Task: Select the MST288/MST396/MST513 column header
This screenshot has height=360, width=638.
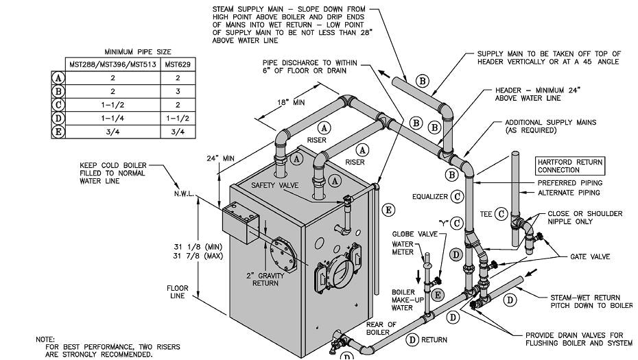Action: click(112, 64)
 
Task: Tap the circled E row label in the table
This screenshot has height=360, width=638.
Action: click(59, 132)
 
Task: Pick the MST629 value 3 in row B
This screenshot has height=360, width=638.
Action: click(178, 91)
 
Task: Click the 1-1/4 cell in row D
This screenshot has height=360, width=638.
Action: click(112, 118)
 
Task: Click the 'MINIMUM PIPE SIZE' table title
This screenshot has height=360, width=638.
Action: click(138, 51)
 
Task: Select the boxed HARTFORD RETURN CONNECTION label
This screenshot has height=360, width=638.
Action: click(570, 166)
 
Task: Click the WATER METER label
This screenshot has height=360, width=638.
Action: click(403, 248)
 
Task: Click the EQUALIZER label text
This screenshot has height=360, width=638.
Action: click(430, 196)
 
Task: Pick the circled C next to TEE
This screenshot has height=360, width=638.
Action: click(501, 214)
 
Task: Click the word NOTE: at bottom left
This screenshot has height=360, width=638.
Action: click(46, 339)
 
